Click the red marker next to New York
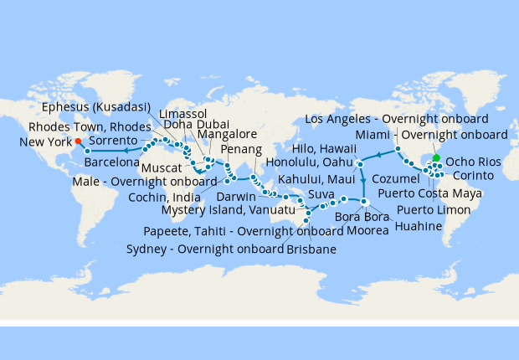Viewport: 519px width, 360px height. [x=78, y=141]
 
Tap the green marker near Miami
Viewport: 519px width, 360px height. [x=436, y=157]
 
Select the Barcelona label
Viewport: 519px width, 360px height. [x=112, y=161]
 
